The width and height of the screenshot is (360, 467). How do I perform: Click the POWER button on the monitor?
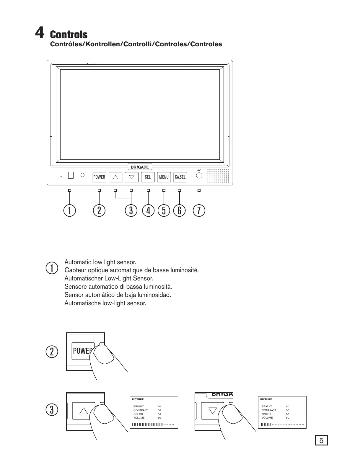(x=99, y=177)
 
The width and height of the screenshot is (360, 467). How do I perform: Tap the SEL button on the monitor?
(x=148, y=177)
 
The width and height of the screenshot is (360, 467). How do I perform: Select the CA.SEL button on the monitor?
(x=180, y=177)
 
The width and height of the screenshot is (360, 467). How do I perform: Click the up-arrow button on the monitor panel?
(x=115, y=177)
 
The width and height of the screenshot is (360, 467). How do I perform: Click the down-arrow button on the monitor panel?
(x=132, y=177)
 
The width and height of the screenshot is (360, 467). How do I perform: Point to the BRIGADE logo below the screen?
(x=140, y=167)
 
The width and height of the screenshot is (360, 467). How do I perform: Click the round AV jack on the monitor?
(x=199, y=175)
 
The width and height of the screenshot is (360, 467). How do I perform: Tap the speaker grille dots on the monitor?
(x=218, y=176)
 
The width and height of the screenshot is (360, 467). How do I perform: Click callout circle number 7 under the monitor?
(x=199, y=210)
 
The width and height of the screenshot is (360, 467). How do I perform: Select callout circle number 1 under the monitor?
(x=70, y=210)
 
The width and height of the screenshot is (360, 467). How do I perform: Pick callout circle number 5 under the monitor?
(x=164, y=210)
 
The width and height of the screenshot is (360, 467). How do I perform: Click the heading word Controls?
(x=69, y=35)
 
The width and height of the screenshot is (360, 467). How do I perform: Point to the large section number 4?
(x=40, y=32)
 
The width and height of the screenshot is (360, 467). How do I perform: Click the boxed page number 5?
(x=321, y=440)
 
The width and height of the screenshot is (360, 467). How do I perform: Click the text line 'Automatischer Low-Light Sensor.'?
(x=109, y=278)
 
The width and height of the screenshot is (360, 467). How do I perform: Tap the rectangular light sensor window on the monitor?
(x=71, y=175)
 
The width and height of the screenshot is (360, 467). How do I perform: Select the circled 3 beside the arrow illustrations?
(x=52, y=410)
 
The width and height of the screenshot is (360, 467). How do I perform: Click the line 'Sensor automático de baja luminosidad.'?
(x=118, y=295)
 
